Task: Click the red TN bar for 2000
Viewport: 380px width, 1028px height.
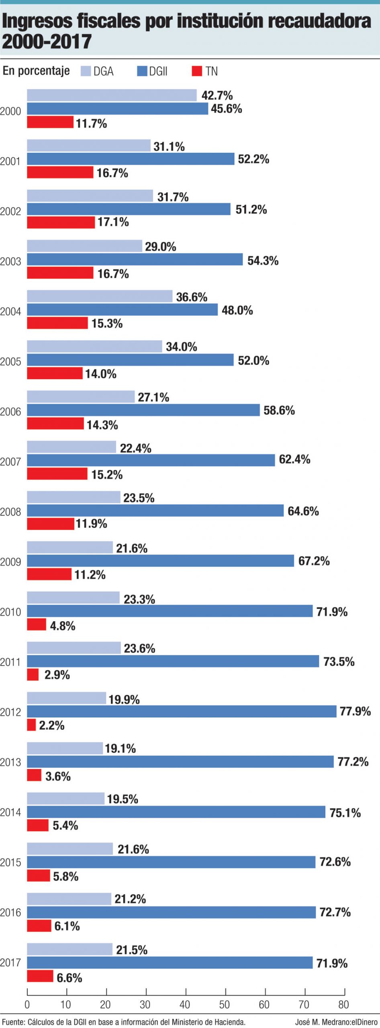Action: [50, 122]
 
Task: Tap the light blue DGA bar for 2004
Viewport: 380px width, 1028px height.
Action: [100, 296]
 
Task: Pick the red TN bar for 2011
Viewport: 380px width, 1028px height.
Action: [33, 674]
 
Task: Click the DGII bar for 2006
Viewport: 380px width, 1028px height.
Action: [143, 410]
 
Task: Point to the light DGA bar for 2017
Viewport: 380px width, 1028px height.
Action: [70, 949]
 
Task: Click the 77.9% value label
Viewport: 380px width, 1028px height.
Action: [355, 711]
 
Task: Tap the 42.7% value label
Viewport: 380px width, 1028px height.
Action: [217, 95]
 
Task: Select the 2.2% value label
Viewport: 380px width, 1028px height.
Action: [51, 725]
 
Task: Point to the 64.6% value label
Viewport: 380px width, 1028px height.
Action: [303, 511]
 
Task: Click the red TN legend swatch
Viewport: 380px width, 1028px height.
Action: [197, 71]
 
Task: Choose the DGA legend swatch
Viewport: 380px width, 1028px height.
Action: [86, 71]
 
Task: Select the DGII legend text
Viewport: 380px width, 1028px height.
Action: [158, 71]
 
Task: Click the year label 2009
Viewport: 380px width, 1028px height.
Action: [10, 562]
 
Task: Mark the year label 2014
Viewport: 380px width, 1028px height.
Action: [10, 812]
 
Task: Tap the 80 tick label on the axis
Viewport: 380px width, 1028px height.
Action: [343, 1004]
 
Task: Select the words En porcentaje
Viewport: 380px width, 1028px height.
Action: [36, 71]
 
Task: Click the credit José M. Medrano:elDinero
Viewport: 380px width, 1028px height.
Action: [336, 1022]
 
